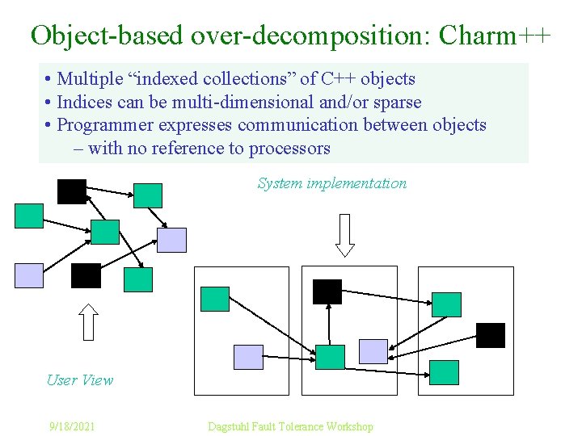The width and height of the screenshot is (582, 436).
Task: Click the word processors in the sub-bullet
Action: [x=289, y=149]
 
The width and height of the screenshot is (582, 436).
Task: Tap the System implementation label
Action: [x=331, y=183]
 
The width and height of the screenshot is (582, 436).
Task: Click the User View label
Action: [x=80, y=379]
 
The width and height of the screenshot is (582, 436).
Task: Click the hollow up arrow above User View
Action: [x=90, y=321]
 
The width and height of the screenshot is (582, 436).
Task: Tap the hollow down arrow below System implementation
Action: [x=345, y=235]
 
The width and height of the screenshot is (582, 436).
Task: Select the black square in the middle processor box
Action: [x=327, y=291]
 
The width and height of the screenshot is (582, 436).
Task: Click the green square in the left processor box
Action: [x=215, y=299]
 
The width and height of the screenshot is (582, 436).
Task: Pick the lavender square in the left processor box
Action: [x=248, y=357]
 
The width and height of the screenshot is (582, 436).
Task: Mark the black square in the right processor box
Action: [x=490, y=335]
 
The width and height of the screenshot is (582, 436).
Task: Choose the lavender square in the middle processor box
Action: [x=373, y=351]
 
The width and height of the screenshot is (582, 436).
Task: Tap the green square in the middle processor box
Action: [x=330, y=357]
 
